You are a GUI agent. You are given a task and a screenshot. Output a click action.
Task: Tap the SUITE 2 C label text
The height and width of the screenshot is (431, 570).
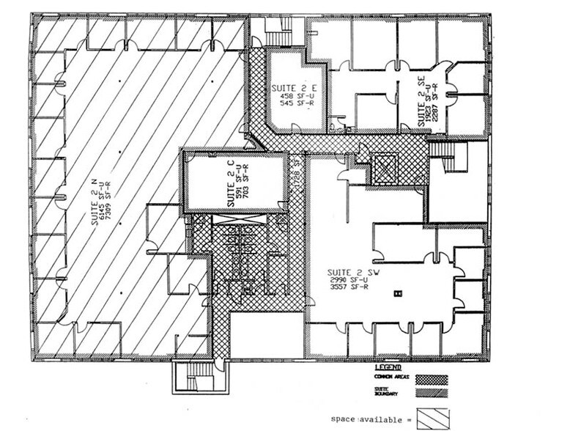(x=221, y=185)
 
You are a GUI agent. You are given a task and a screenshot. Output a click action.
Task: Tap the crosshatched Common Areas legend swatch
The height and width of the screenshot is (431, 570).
(x=431, y=380)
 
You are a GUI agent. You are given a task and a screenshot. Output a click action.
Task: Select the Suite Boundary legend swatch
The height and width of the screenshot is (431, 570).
(x=431, y=393)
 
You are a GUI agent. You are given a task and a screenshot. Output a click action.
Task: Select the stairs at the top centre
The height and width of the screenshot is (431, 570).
(x=278, y=34)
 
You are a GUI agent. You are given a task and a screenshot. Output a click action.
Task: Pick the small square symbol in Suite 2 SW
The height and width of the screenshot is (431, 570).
(x=398, y=292)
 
